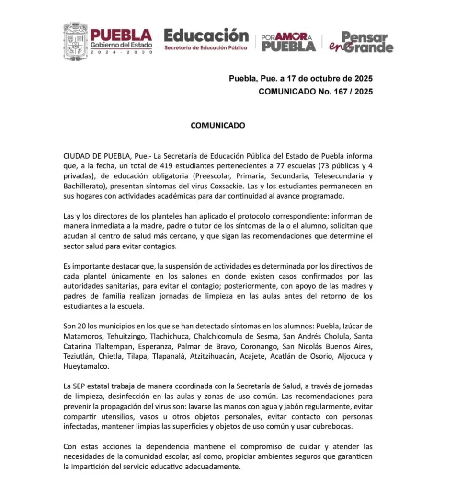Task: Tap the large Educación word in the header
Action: pyautogui.click(x=206, y=35)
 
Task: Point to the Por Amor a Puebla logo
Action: pyautogui.click(x=288, y=42)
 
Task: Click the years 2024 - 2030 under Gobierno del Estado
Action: pyautogui.click(x=121, y=52)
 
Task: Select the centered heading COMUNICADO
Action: pyautogui.click(x=218, y=126)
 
